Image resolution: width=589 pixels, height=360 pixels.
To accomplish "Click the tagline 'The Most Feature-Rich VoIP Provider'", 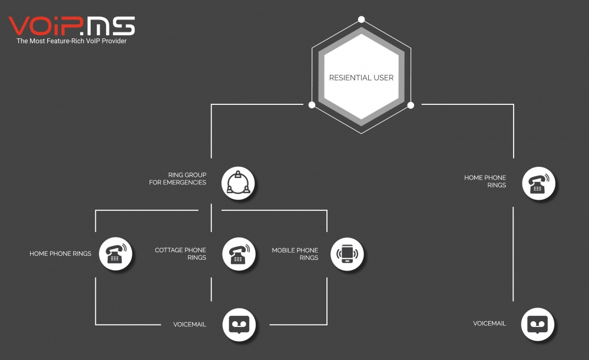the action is coord(71,41).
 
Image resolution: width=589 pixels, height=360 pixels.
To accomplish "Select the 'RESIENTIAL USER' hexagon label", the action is coord(362,78).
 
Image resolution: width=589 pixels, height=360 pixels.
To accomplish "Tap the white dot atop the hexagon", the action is coord(362,19).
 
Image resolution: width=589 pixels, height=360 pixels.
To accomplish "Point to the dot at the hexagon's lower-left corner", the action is coord(312,105).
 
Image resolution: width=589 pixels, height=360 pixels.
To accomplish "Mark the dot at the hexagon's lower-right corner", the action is coord(411,105).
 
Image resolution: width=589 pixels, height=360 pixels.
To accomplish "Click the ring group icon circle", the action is coord(238,183).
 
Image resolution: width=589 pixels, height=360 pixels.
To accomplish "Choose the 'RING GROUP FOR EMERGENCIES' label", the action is coord(178,179).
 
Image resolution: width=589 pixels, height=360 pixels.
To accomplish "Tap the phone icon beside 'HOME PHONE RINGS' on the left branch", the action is coord(115,254).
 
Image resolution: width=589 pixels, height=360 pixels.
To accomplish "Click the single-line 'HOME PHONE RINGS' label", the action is coord(61,254).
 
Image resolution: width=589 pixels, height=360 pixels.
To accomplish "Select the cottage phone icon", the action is coord(239,254).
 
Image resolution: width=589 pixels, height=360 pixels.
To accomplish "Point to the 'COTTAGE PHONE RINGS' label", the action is coord(181,254).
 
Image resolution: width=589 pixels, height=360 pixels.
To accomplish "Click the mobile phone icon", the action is coord(347,254).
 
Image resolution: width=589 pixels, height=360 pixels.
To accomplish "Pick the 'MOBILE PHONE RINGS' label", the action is coord(295,254).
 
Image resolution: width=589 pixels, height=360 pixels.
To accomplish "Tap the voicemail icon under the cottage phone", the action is coord(239,325).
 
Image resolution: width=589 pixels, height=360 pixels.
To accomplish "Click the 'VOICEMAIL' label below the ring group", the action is coord(190,324).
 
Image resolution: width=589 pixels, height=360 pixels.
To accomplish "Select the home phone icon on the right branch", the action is coord(539,183).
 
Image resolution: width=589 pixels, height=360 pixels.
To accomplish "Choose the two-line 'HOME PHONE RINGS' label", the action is coord(485,181).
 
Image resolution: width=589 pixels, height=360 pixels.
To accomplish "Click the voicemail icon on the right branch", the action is coord(538,324).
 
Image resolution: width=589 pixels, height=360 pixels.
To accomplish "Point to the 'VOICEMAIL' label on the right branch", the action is coord(489,323).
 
